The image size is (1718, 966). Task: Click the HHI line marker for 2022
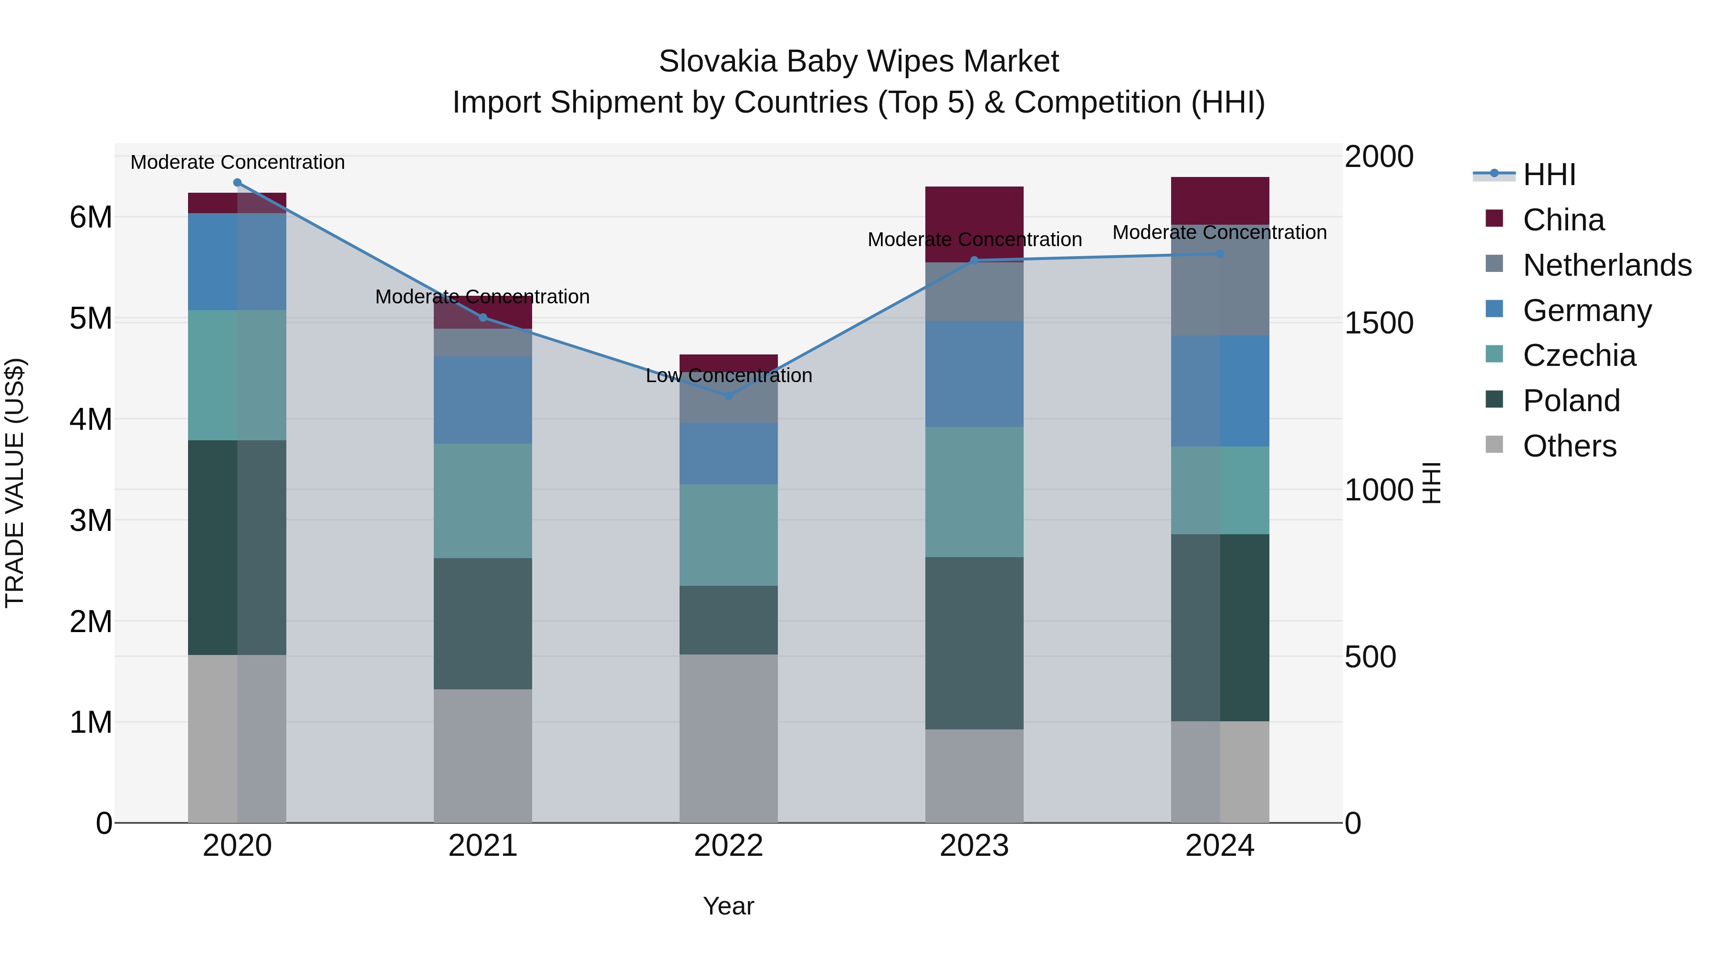click(x=728, y=395)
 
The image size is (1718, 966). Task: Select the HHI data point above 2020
click(x=238, y=183)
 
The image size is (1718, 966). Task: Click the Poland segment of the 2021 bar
click(x=483, y=623)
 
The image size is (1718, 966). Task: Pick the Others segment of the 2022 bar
click(x=728, y=738)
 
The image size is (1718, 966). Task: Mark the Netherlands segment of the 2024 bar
click(x=1220, y=280)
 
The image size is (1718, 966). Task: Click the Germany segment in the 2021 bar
click(x=483, y=400)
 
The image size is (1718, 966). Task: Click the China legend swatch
click(x=1494, y=218)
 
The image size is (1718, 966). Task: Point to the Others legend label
click(x=1569, y=446)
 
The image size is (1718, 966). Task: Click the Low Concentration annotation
click(x=728, y=375)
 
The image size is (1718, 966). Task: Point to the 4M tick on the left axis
click(x=91, y=419)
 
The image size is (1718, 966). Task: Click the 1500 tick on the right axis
click(x=1378, y=323)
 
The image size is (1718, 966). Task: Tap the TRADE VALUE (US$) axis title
click(x=15, y=483)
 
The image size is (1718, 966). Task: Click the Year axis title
click(x=728, y=906)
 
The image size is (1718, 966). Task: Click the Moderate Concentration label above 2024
click(x=1219, y=233)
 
